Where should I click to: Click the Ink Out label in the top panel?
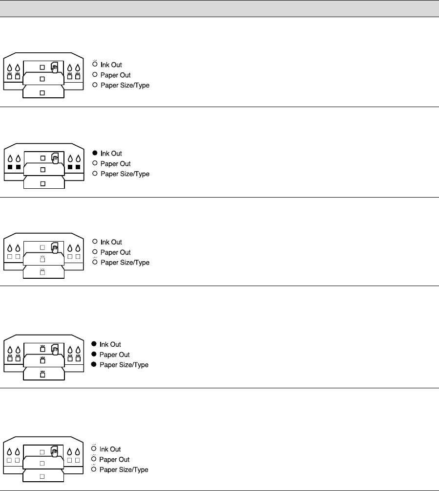tap(111, 65)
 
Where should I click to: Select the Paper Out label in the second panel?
tap(115, 164)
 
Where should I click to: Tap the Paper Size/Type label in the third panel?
tap(125, 263)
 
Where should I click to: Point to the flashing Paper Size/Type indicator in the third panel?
tap(95, 263)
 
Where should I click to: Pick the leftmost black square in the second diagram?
tap(10, 167)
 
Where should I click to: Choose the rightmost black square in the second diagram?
tap(78, 167)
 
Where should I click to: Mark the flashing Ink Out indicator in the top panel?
tap(95, 65)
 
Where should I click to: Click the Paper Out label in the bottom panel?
tap(114, 460)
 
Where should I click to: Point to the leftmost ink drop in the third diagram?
tap(10, 246)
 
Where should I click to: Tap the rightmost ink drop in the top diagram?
tap(78, 68)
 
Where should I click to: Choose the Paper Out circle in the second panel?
tap(95, 164)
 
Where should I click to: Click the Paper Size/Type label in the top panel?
tap(125, 86)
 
